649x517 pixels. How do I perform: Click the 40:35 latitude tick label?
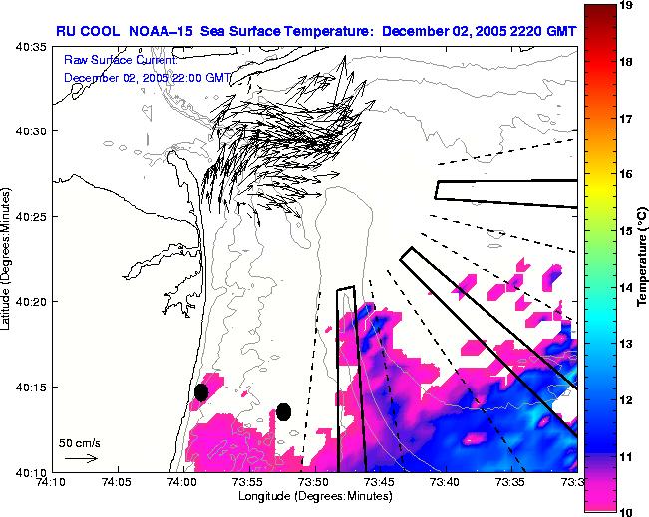[x=32, y=47]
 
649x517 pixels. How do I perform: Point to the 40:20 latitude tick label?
[x=32, y=301]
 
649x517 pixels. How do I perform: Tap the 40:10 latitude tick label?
[x=32, y=470]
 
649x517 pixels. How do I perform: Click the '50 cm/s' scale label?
[x=78, y=441]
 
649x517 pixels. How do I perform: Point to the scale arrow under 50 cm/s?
[x=80, y=458]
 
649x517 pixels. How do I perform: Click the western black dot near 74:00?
[x=201, y=392]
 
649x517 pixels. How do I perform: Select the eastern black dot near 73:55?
[x=283, y=412]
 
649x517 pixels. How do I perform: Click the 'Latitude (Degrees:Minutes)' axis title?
[x=8, y=259]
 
